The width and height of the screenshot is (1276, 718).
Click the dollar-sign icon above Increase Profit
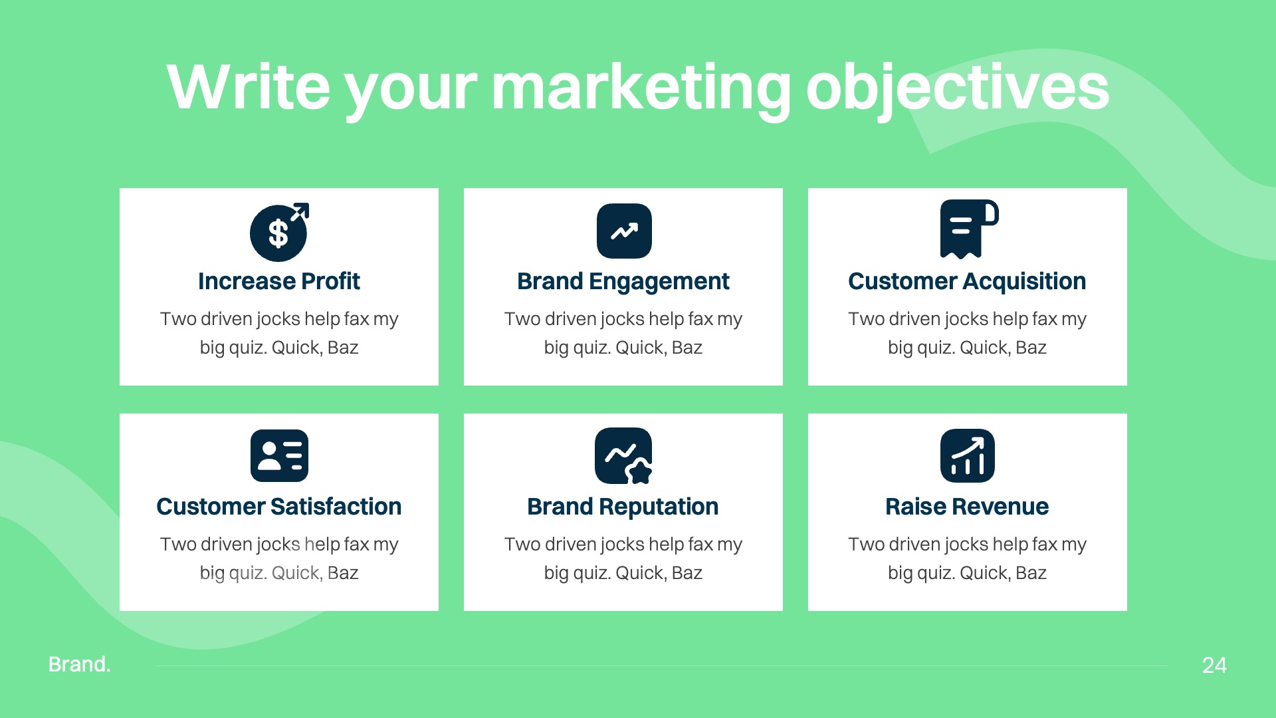(278, 233)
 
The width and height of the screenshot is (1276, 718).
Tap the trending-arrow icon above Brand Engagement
(623, 231)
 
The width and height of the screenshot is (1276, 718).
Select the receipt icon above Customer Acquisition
(968, 229)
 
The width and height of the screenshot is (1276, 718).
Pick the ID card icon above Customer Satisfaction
(279, 455)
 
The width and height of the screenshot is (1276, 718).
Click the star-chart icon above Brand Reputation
(623, 455)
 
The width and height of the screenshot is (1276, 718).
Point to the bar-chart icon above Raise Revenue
(967, 455)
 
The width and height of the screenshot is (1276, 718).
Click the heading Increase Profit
(278, 281)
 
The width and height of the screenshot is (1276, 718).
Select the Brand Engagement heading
(623, 281)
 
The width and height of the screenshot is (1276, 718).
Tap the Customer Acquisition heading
(967, 281)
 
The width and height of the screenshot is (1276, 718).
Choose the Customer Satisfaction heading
(278, 507)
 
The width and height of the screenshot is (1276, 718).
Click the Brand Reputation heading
(623, 507)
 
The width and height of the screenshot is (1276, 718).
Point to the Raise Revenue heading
(967, 507)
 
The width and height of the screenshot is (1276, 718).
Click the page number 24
(1214, 665)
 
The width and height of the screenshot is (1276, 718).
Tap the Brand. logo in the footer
(79, 664)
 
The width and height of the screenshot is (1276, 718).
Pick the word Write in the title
(248, 87)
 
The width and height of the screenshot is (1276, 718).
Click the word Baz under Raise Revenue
(1031, 573)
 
